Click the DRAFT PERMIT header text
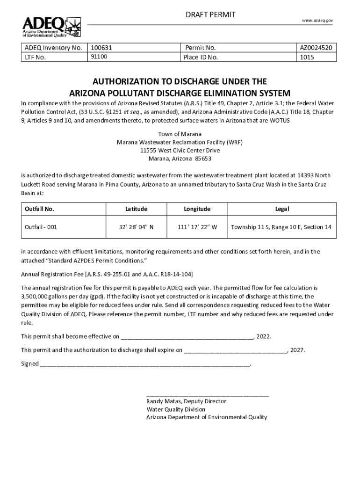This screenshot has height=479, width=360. click(x=209, y=15)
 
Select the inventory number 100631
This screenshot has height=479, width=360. click(x=101, y=48)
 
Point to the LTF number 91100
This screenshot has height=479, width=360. click(x=99, y=57)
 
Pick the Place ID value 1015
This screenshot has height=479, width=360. click(x=308, y=57)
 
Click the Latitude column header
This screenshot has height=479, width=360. click(x=136, y=209)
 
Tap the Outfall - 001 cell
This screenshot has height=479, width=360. click(x=41, y=227)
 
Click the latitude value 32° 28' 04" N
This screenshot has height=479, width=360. click(x=136, y=227)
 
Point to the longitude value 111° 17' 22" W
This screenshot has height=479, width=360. click(x=197, y=227)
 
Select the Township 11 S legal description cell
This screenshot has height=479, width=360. click(x=281, y=227)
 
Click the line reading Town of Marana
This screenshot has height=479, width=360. click(x=180, y=134)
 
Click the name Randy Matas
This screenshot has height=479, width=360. click(x=163, y=401)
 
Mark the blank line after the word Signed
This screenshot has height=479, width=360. click(x=145, y=364)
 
